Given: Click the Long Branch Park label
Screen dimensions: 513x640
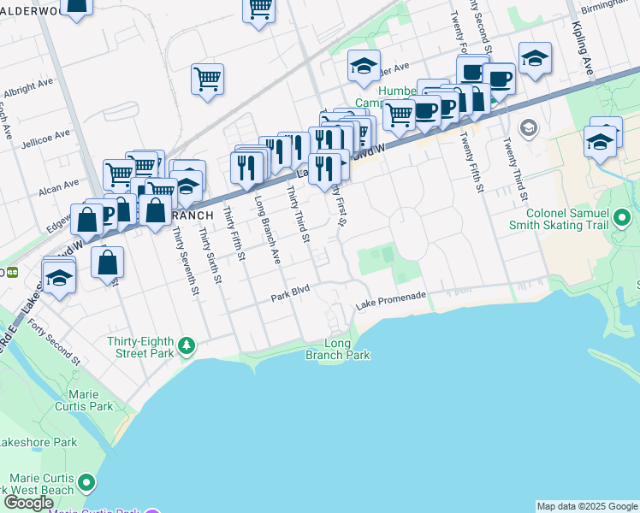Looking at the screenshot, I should [x=338, y=349].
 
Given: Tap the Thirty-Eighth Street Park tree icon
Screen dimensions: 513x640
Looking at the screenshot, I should [x=187, y=346].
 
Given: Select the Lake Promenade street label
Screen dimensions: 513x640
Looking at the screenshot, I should [x=390, y=297].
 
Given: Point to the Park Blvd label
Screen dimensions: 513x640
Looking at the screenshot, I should [x=288, y=297].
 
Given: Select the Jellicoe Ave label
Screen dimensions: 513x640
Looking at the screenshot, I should [x=47, y=136].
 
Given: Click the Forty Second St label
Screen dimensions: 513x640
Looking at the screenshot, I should [x=55, y=341].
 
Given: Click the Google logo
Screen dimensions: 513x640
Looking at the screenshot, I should [x=28, y=503].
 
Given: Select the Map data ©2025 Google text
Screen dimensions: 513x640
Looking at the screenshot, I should [x=586, y=506].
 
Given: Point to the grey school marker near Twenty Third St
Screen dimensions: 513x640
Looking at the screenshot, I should [x=528, y=129].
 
